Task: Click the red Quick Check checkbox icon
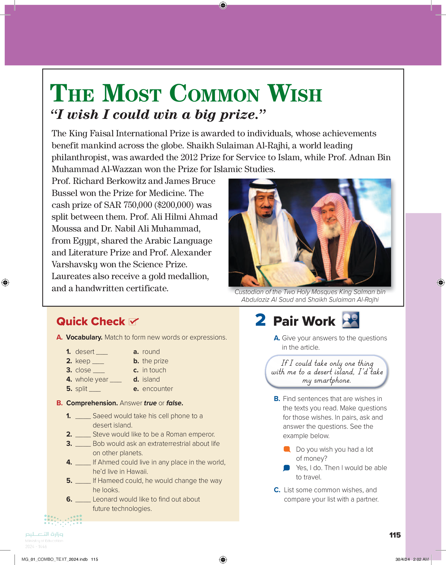[x=134, y=321]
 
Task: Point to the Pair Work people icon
[x=351, y=320]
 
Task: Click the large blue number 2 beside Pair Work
[x=260, y=320]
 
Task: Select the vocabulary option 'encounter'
[x=157, y=389]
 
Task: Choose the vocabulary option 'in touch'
[x=154, y=370]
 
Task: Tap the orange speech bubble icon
[x=287, y=449]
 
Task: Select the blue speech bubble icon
[x=286, y=468]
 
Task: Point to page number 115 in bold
[x=395, y=535]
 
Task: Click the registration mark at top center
[x=223, y=5]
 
